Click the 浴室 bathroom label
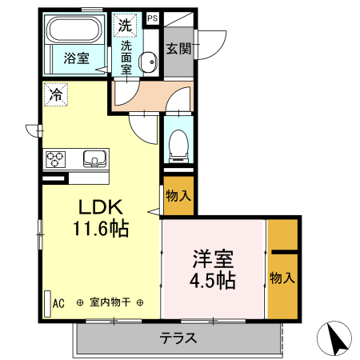[76, 58]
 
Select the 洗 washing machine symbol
[125, 25]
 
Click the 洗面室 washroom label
[126, 57]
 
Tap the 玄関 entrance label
[178, 49]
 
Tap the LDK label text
[100, 207]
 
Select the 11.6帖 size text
[100, 227]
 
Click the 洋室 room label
[212, 260]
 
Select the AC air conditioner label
[58, 303]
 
